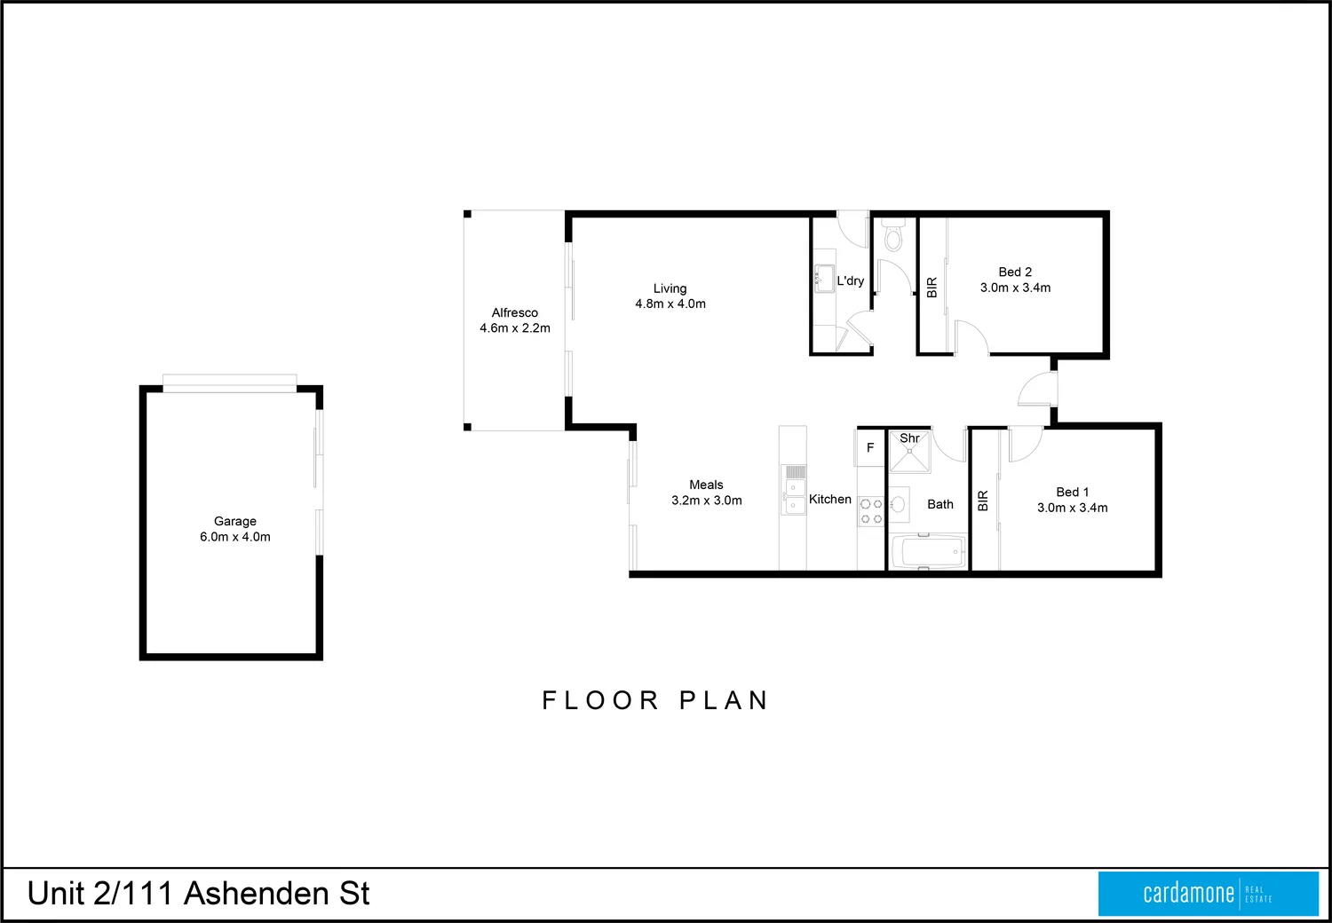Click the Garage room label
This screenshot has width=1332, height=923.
point(234,522)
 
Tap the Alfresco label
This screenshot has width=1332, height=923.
point(515,312)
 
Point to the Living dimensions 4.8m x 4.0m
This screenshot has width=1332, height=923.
point(670,304)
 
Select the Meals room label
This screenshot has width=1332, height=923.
point(706,485)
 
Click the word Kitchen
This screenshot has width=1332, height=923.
point(830,500)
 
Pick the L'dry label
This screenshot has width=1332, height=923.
point(850,280)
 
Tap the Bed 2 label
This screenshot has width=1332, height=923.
point(1015,272)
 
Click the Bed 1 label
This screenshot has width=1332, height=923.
point(1072,492)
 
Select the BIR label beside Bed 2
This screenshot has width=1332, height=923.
point(932,288)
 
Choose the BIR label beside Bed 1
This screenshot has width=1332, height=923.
point(983,501)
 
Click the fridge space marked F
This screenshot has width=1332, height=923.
point(870,448)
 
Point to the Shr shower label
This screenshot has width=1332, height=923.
point(909,438)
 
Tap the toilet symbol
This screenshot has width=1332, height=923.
point(893,236)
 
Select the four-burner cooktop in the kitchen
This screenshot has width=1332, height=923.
point(871,511)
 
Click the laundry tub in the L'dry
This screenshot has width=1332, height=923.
point(822,277)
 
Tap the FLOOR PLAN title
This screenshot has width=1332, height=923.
point(655,700)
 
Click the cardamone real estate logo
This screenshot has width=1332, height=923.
point(1208,893)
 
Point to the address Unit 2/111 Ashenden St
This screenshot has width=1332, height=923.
point(198,894)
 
